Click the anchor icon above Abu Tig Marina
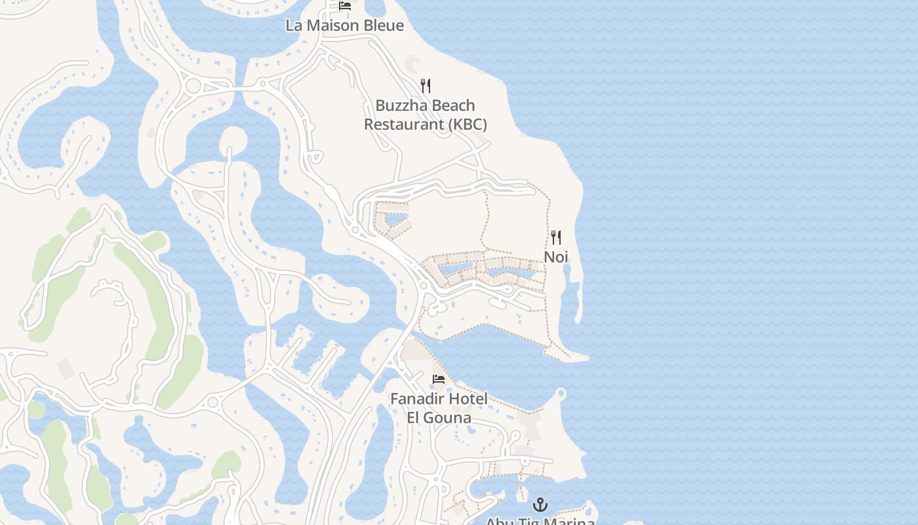pos(540,505)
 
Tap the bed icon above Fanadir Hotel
pos(439,379)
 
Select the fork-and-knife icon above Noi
pos(556,237)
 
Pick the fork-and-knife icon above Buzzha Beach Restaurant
pos(426,85)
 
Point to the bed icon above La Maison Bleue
pos(345,6)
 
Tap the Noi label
pos(556,257)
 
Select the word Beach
pos(452,106)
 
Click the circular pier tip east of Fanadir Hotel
pos(560,393)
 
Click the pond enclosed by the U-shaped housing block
pos(395,219)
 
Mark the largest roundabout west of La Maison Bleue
pos(193,85)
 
